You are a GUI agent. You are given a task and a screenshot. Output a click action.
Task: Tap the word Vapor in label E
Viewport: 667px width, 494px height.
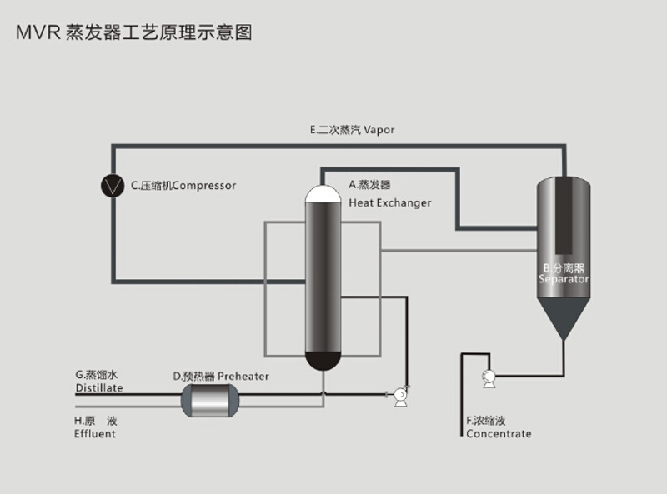[x=379, y=130]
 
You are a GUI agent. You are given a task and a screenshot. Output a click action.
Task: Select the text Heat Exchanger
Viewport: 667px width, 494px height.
[x=389, y=203]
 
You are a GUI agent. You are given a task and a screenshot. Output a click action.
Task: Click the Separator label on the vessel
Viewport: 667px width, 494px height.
[x=564, y=280]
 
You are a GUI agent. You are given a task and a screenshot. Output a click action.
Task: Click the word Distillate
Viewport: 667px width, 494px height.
[x=99, y=388]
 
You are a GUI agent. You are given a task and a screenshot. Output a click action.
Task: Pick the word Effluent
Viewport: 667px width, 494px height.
[x=95, y=434]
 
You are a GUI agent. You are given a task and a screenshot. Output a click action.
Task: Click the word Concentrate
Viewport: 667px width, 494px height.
[x=499, y=434]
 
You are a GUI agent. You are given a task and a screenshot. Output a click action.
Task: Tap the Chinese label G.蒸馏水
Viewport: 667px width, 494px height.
[x=93, y=375]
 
